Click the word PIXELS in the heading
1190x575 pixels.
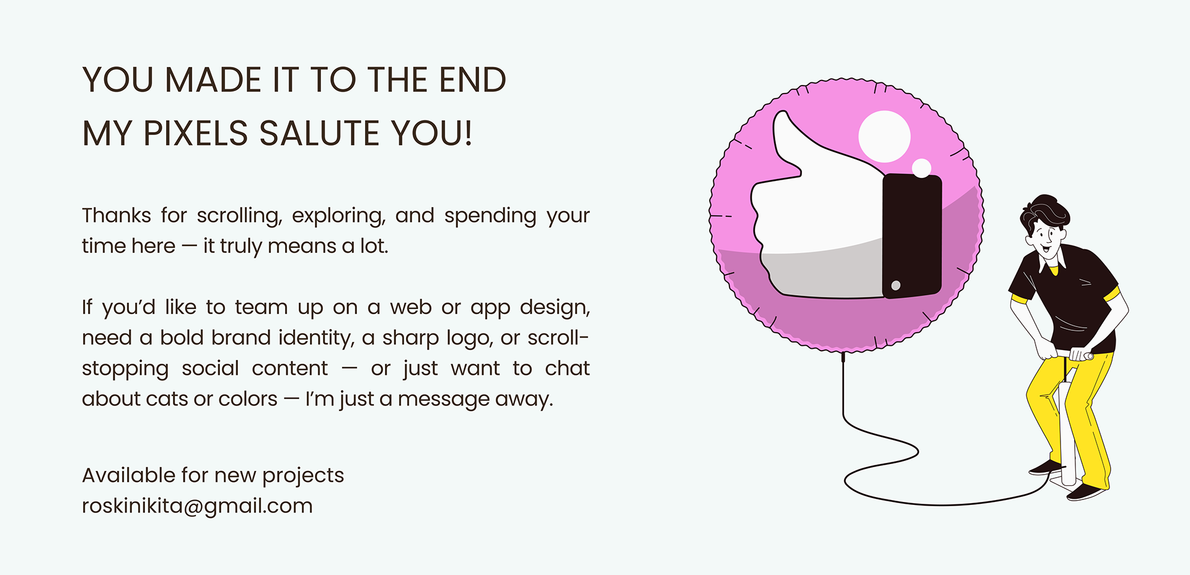point(196,133)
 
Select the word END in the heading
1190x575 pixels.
point(473,80)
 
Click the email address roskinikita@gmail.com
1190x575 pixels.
point(197,506)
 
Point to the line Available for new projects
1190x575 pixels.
point(213,475)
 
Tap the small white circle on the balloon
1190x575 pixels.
point(922,168)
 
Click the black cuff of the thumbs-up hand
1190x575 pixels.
point(912,236)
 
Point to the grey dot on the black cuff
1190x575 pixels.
point(896,286)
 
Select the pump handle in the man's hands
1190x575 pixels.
point(1072,355)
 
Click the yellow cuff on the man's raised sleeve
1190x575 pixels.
point(1112,295)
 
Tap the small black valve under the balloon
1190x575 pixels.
point(843,357)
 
